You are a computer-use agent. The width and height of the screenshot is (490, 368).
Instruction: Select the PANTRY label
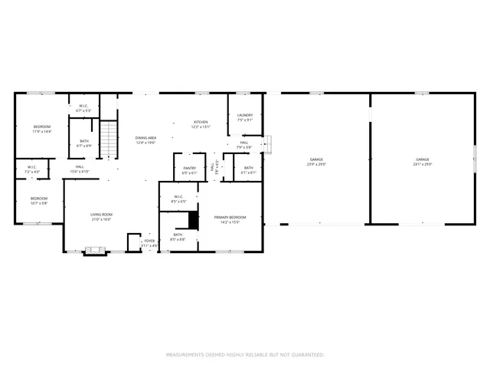point(189,171)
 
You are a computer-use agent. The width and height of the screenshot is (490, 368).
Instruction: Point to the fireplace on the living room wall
point(95,250)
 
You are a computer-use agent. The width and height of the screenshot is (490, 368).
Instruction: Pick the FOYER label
point(149,242)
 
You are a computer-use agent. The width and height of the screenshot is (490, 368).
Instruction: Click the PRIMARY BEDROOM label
point(229,219)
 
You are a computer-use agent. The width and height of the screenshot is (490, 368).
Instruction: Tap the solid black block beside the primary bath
point(183,220)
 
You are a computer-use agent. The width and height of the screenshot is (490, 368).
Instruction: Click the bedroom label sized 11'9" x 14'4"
point(41,129)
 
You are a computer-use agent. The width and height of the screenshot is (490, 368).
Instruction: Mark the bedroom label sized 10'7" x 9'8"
point(39,201)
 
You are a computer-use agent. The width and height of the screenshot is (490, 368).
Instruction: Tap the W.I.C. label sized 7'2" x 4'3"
point(32,169)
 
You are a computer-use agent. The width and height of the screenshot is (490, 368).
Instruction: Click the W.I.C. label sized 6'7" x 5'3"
point(83,108)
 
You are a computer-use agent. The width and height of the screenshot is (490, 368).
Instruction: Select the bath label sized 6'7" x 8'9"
point(83,143)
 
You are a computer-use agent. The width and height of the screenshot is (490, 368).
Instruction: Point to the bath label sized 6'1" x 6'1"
point(248,169)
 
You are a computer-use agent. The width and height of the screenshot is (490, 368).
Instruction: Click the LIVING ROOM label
point(101,217)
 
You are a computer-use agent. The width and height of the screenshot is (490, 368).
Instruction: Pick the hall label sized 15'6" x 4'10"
point(80,169)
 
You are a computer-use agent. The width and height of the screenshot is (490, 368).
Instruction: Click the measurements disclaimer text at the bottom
point(245,354)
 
